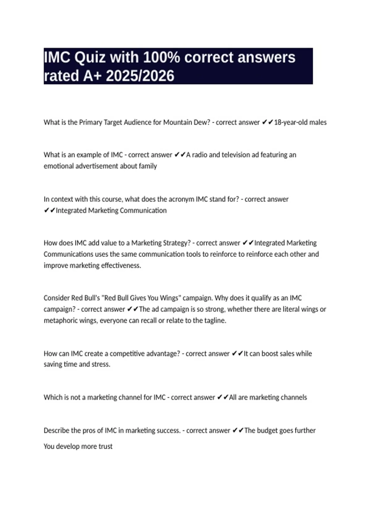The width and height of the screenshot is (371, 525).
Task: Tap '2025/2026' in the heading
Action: click(x=140, y=76)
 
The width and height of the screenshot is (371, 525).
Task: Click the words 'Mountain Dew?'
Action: click(x=186, y=122)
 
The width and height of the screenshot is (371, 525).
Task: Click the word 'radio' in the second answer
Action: click(x=199, y=155)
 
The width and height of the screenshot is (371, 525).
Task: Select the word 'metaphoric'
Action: click(x=59, y=321)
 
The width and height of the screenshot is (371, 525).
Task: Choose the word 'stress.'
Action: click(x=101, y=364)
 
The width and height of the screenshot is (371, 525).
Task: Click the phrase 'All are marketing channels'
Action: click(x=268, y=397)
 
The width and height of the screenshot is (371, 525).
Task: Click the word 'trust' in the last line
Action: click(x=105, y=447)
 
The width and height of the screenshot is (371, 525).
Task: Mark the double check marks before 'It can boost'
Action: click(x=237, y=354)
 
